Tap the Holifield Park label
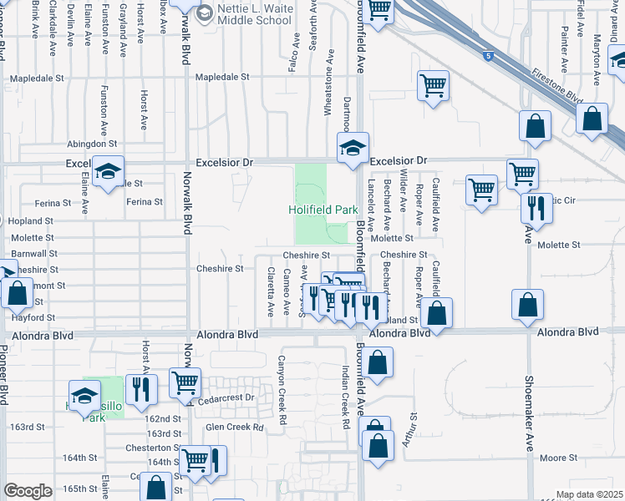coord(317,210)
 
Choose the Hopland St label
coord(31,221)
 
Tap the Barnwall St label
coord(35,253)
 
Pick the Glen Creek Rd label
coord(234,428)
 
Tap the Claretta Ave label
coord(270,292)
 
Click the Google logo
coord(28,491)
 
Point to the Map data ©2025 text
coord(588,494)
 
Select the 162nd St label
coord(163,418)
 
